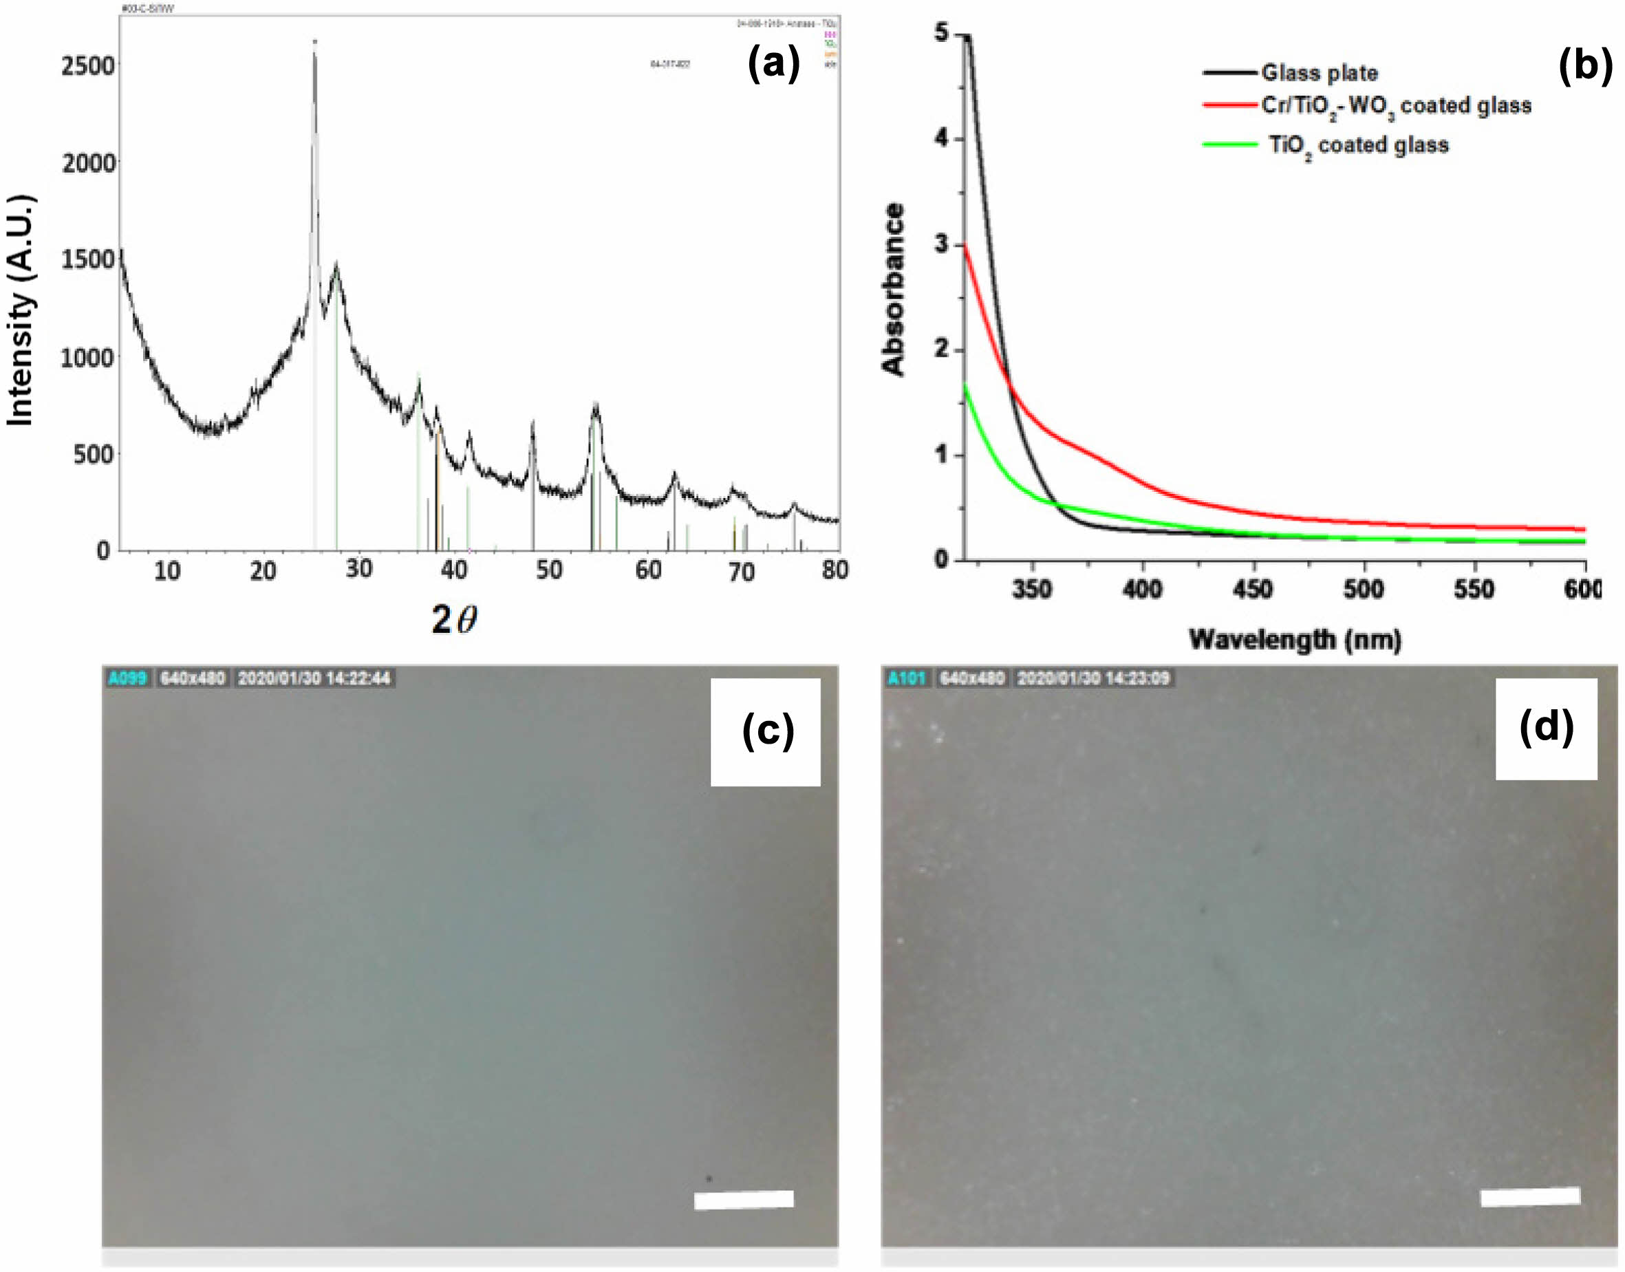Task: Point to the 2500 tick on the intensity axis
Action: [x=88, y=65]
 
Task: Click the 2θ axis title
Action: [x=454, y=619]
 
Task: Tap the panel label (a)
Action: [x=773, y=64]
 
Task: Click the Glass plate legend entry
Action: [x=1319, y=73]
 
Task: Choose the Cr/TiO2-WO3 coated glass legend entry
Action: [x=1396, y=107]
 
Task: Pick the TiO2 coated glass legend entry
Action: [x=1358, y=145]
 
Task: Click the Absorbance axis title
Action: [x=893, y=289]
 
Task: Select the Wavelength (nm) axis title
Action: [x=1294, y=640]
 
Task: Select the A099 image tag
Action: [x=127, y=678]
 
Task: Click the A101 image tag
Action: [x=906, y=678]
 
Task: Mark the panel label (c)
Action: [x=768, y=731]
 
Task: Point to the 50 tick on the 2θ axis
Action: [x=549, y=570]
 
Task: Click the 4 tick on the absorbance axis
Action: [x=943, y=138]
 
